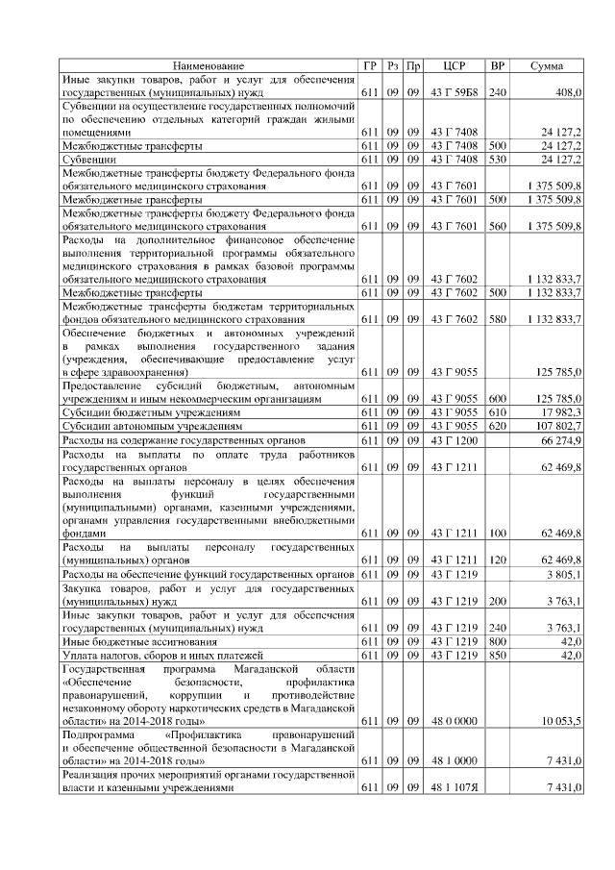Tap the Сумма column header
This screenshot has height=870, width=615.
pyautogui.click(x=548, y=65)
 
